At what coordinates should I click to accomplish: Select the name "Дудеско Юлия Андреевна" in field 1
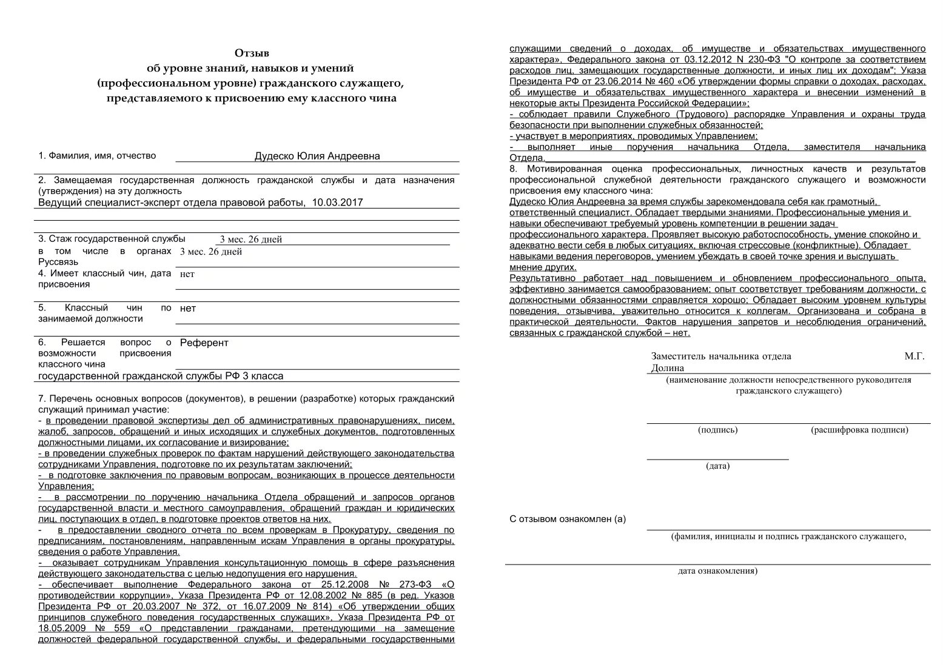click(x=317, y=156)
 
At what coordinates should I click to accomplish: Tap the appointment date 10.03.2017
click(x=337, y=203)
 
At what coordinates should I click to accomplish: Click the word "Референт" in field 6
click(x=204, y=343)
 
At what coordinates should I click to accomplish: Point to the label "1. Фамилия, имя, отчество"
click(x=97, y=156)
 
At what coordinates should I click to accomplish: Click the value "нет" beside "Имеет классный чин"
click(x=187, y=274)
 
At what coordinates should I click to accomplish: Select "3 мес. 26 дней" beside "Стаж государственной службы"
click(x=250, y=240)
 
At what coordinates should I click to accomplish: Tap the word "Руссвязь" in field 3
click(x=58, y=262)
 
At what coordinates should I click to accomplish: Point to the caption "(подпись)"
click(x=717, y=430)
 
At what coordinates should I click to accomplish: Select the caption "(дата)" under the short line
click(x=717, y=466)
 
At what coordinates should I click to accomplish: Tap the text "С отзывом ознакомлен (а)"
click(x=568, y=519)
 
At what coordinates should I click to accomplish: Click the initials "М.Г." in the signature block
click(x=914, y=357)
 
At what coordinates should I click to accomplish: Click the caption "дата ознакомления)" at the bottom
click(x=717, y=571)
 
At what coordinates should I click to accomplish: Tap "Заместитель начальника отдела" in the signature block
click(x=721, y=357)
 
